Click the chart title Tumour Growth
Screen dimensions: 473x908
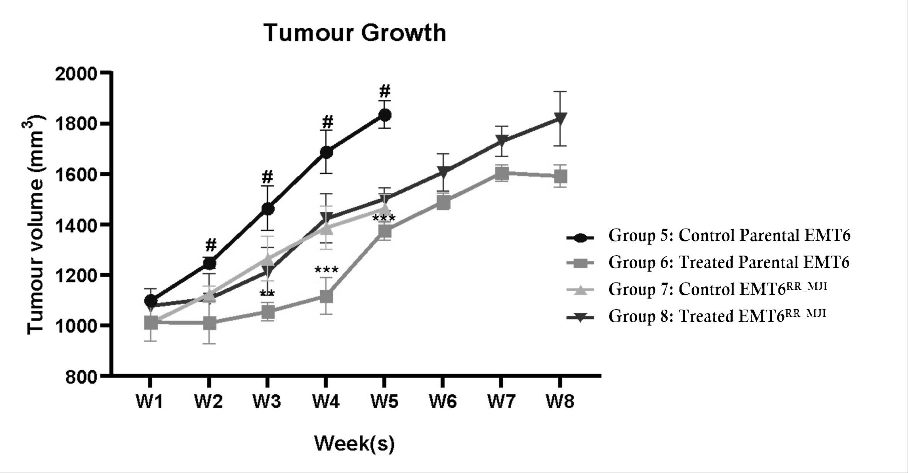355,33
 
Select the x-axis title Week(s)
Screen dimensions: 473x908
355,443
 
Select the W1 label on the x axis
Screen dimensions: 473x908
150,402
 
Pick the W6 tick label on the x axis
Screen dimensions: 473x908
443,402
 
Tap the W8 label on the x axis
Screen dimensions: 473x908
560,402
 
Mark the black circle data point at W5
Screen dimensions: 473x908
384,114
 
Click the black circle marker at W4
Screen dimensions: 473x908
326,152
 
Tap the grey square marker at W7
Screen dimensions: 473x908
501,174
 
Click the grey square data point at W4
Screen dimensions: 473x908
326,296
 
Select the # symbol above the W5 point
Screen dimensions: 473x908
384,91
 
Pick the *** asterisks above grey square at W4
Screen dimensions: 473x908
326,270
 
